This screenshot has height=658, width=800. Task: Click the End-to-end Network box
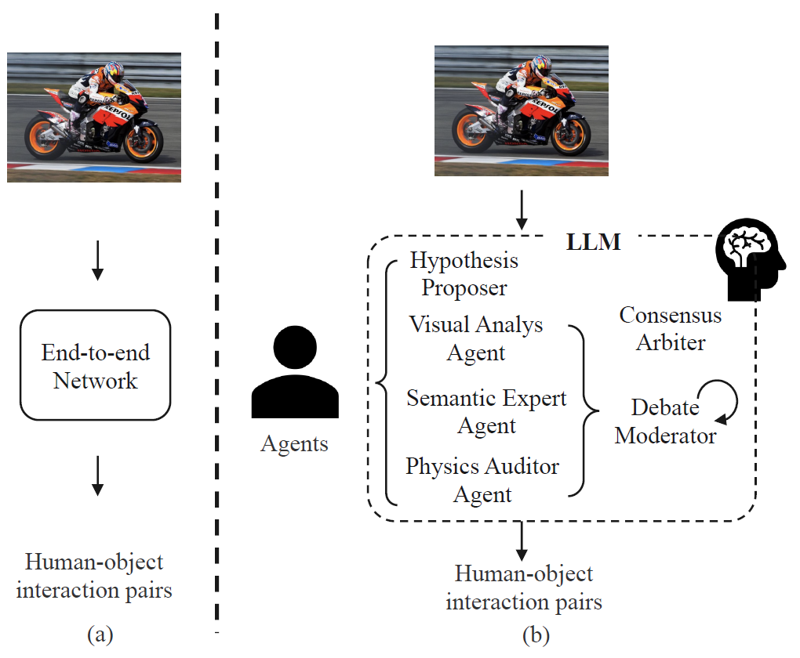click(95, 365)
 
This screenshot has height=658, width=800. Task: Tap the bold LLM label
click(593, 242)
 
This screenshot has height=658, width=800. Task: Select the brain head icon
click(747, 258)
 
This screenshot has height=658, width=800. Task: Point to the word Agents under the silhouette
click(294, 444)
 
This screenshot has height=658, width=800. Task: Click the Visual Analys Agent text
click(476, 338)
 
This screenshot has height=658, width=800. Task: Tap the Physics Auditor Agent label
click(482, 480)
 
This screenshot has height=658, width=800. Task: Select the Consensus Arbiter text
click(671, 328)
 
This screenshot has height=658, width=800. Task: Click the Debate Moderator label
click(665, 421)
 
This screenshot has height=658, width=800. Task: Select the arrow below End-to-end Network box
click(96, 475)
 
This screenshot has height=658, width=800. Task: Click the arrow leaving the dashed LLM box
click(521, 540)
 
